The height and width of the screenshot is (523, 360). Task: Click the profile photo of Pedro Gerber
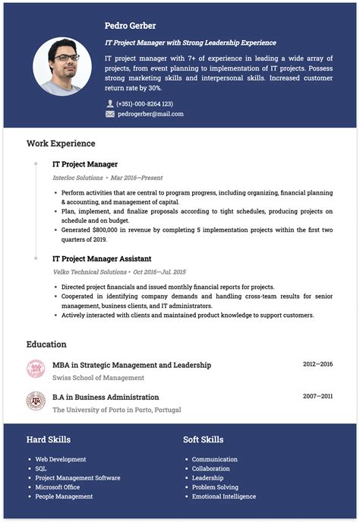tap(62, 67)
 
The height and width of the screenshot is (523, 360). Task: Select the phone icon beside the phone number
tap(110, 103)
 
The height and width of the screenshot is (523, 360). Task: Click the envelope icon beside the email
tap(110, 114)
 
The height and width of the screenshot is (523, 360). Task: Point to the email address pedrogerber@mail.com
tap(150, 114)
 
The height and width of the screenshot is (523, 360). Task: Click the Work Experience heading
tap(61, 143)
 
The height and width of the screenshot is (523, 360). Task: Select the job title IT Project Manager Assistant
tap(102, 258)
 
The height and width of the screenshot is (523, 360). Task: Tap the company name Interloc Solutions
tap(77, 177)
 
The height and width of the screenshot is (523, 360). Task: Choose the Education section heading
tap(46, 344)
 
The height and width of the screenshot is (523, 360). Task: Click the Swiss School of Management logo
tap(36, 369)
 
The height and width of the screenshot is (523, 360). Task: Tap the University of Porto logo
tap(36, 401)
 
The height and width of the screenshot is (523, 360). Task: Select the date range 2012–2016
tap(317, 365)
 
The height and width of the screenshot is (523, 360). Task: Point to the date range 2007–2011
tap(317, 397)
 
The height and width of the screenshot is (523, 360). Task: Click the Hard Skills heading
tap(49, 439)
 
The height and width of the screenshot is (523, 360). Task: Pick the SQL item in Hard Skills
tap(41, 468)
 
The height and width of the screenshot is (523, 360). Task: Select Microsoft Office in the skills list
tap(58, 487)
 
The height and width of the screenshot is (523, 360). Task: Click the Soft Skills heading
tap(203, 439)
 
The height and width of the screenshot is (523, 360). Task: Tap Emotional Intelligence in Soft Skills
tap(224, 496)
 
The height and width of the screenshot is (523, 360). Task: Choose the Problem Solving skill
tap(215, 487)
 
